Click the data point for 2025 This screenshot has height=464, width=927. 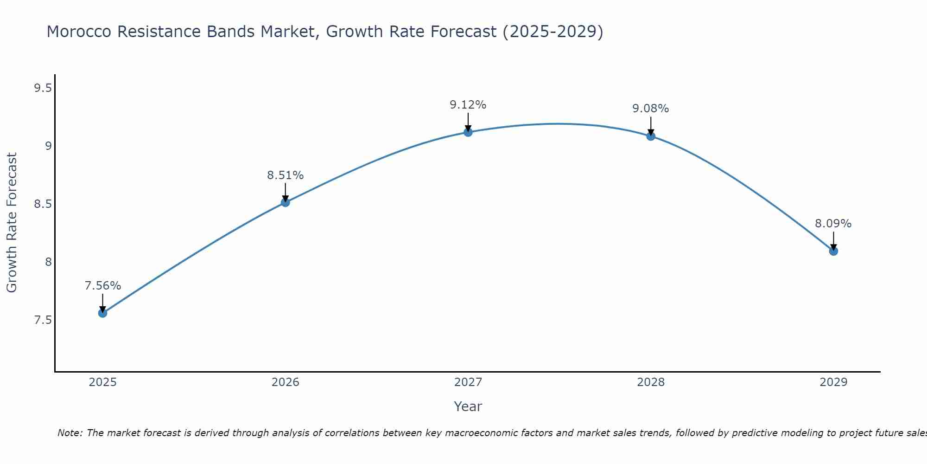click(102, 313)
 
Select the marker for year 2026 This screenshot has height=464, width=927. click(286, 202)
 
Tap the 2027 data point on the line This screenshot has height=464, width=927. click(468, 132)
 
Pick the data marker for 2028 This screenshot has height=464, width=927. click(651, 136)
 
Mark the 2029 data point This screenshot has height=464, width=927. click(833, 251)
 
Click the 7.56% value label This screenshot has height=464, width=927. click(102, 286)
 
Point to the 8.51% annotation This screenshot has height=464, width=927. click(285, 175)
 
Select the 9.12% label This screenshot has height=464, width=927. click(468, 105)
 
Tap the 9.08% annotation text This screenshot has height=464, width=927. click(650, 109)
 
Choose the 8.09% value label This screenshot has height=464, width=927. click(833, 224)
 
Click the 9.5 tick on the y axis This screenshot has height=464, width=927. click(43, 88)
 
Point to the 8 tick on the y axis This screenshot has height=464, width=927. click(48, 262)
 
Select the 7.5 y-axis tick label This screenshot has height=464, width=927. click(43, 320)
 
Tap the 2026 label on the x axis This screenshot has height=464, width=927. click(285, 382)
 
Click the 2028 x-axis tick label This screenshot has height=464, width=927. click(650, 382)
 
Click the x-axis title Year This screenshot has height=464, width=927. click(468, 406)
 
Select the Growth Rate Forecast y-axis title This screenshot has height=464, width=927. click(12, 223)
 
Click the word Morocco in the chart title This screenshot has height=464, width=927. click(79, 32)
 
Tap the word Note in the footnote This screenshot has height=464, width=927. click(70, 433)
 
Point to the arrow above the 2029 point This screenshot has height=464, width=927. click(833, 240)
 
